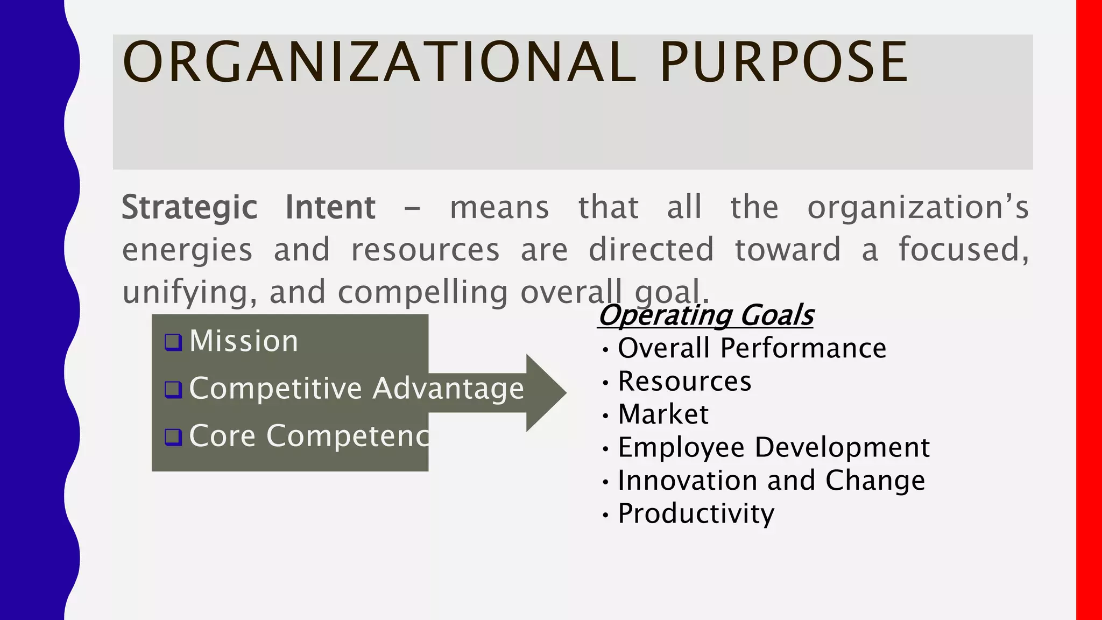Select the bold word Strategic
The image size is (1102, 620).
coord(189,208)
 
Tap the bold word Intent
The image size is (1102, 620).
coord(330,208)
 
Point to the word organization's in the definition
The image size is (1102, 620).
coord(917,208)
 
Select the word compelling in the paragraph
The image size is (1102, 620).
coord(422,292)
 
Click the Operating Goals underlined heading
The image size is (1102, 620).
coord(705,315)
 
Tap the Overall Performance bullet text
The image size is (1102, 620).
coord(752,348)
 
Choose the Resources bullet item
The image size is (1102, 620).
coord(684,382)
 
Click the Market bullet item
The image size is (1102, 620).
coord(663,414)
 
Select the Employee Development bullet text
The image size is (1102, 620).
coord(773,447)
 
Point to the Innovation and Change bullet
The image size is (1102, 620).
coord(771,481)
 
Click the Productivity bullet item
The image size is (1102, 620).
coord(696,513)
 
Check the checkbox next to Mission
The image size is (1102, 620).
coord(173,342)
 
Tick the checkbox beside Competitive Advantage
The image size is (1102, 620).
coord(173,390)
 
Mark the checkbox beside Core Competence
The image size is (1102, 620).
coord(173,437)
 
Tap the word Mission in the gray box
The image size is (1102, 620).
coord(244,341)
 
